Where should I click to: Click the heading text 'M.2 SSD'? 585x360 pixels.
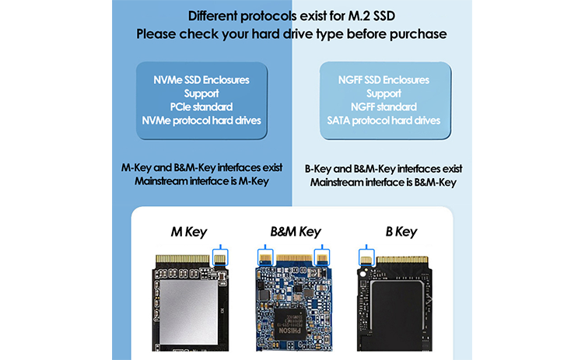[371, 16]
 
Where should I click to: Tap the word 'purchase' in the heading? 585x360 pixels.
[419, 34]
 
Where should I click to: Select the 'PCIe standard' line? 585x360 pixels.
[201, 107]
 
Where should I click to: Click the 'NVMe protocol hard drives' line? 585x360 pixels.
[201, 121]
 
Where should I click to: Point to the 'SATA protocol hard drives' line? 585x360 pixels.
[384, 121]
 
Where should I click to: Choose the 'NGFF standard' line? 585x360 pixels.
[384, 107]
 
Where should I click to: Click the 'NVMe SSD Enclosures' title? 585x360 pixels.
[201, 80]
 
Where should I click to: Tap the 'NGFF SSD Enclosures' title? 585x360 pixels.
[384, 80]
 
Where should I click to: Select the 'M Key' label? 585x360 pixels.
[189, 232]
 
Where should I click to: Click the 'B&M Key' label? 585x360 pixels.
[296, 232]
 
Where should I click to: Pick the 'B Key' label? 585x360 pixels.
[401, 232]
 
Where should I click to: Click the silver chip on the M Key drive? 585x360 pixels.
[189, 313]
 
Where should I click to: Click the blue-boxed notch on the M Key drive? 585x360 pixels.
[220, 258]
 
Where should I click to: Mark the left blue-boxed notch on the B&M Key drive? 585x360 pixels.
[265, 257]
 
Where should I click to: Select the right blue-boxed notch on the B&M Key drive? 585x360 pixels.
[322, 257]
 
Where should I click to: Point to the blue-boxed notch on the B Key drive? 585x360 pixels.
[366, 257]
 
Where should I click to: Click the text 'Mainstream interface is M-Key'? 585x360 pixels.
[201, 181]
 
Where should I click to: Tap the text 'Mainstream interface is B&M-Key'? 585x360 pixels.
[384, 183]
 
